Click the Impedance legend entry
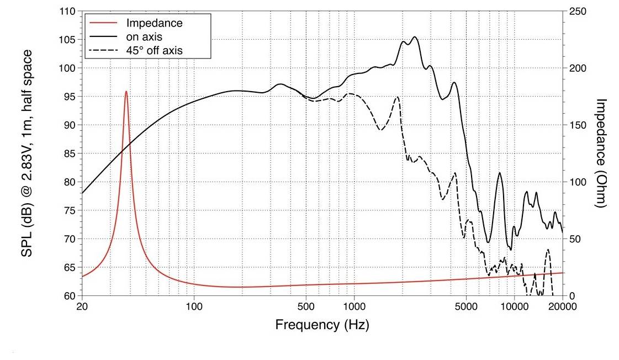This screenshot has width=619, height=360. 154,23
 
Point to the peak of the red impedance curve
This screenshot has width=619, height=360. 126,92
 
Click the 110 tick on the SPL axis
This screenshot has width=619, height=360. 68,11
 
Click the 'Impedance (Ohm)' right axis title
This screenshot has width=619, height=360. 602,153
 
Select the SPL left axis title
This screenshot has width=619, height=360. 26,153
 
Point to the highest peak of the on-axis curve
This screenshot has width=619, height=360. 415,38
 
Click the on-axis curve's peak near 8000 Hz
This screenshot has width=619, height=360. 500,173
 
